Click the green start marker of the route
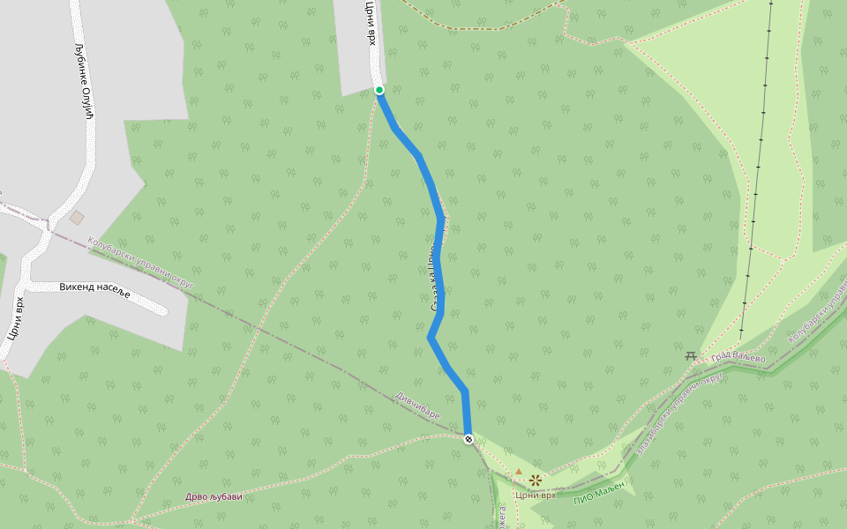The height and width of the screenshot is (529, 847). (x=379, y=90)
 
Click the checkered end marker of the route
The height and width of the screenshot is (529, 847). (x=468, y=438)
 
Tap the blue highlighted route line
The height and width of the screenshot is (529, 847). (x=438, y=264)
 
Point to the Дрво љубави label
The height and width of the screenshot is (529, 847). (x=214, y=497)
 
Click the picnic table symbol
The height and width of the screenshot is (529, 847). (x=690, y=355)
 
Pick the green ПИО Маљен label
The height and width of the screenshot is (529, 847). (x=599, y=491)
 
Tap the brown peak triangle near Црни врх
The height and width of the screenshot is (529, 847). (x=519, y=473)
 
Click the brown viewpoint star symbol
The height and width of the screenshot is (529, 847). (x=535, y=481)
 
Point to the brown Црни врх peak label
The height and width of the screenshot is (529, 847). (x=536, y=495)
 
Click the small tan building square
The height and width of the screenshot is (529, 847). (x=78, y=217)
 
